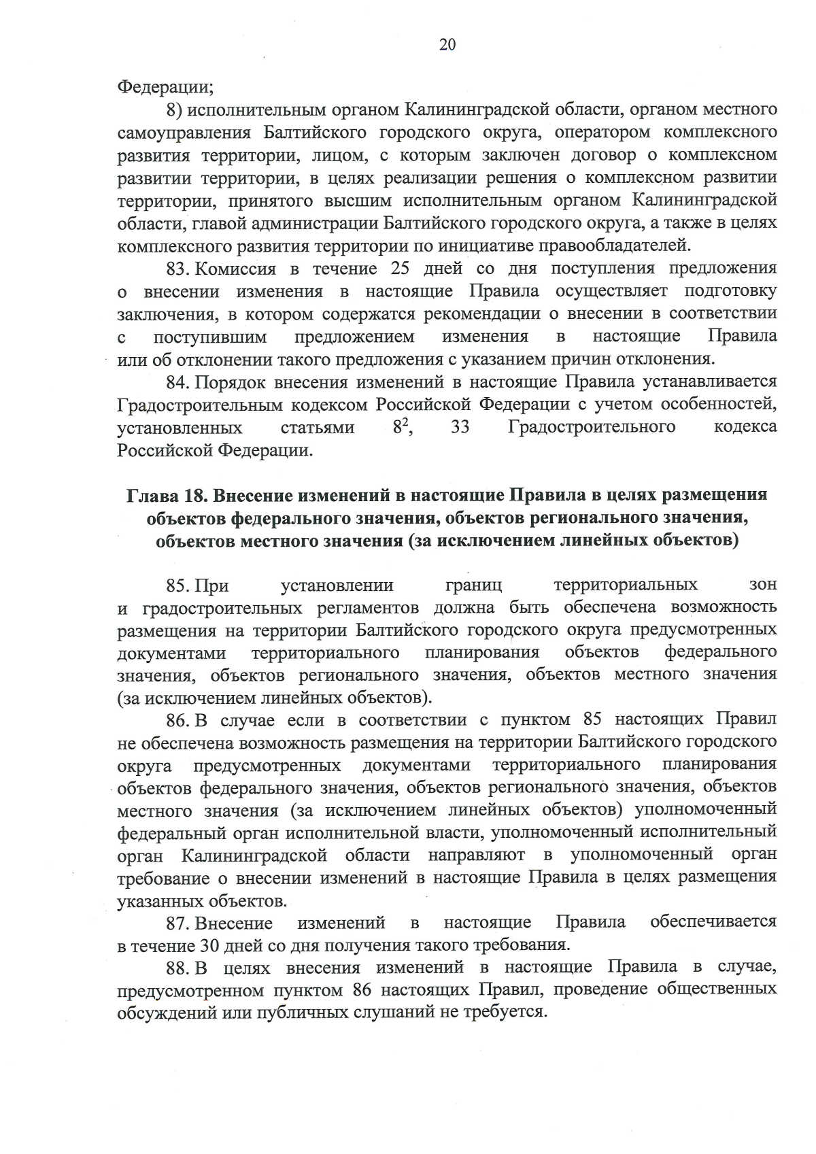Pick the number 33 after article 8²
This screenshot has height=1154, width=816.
[x=461, y=426]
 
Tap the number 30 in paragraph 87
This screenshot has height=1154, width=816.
[x=209, y=945]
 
